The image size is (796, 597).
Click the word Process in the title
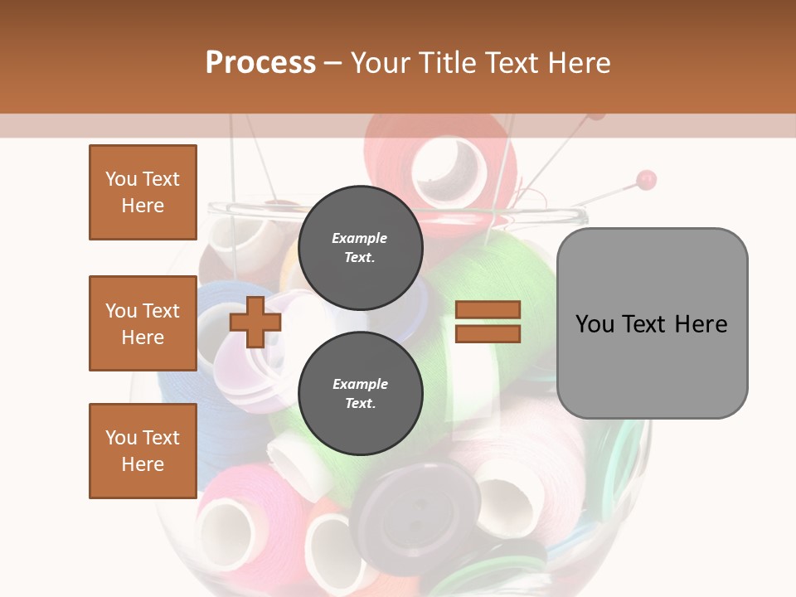click(x=260, y=62)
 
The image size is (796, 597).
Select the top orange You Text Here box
click(x=143, y=192)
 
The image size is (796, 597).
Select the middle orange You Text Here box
click(x=143, y=323)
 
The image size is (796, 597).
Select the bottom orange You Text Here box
click(x=143, y=451)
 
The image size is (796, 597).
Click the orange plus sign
click(x=255, y=322)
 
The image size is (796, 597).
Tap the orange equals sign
click(x=488, y=322)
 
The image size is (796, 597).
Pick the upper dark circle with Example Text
click(x=360, y=247)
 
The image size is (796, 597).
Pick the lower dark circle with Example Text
click(x=360, y=393)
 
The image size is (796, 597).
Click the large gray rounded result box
click(x=652, y=323)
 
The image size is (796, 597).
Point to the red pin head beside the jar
click(x=647, y=178)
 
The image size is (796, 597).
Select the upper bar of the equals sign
click(x=488, y=309)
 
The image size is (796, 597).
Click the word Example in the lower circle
click(x=360, y=384)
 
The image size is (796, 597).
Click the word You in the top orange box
click(x=120, y=179)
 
